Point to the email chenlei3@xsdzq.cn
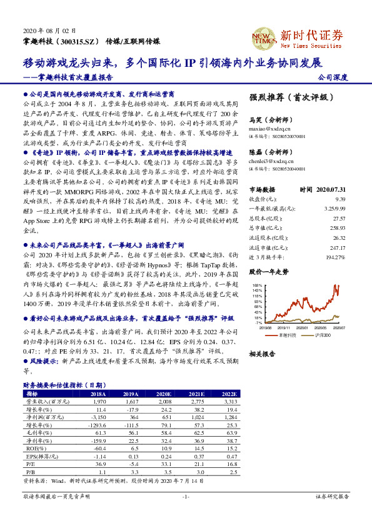coord(267,160)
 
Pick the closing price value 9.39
coord(336,199)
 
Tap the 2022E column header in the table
coord(229,394)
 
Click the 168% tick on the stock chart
coord(257,285)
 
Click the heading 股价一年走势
coord(269,272)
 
